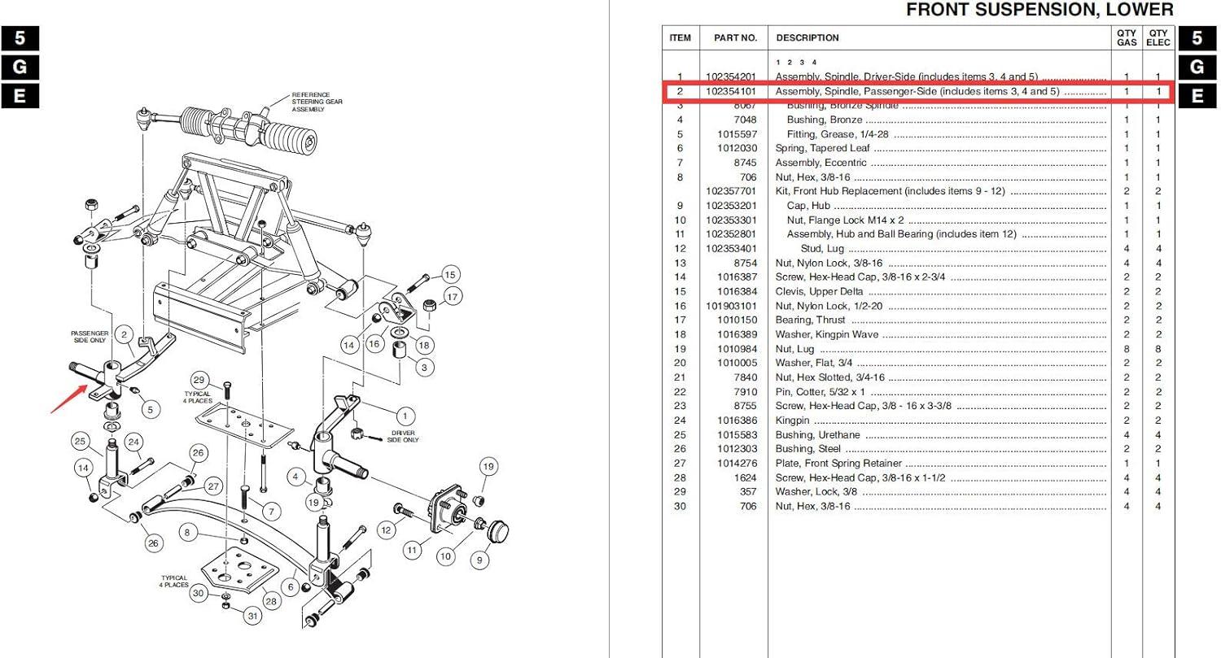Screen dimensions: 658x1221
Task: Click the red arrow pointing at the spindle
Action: click(x=68, y=401)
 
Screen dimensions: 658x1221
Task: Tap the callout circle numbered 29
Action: click(x=198, y=380)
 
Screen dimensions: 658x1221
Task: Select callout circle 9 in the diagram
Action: click(x=479, y=560)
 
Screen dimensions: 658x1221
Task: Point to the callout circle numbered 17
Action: click(x=453, y=296)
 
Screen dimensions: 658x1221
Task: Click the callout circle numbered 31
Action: click(x=253, y=616)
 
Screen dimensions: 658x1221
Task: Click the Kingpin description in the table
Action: click(x=792, y=421)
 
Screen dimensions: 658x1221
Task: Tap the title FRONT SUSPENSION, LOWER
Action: click(x=1039, y=11)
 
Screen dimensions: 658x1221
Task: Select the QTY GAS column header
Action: click(x=1127, y=37)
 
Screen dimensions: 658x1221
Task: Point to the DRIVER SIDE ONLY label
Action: click(x=404, y=436)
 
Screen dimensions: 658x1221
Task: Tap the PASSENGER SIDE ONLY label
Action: click(x=90, y=338)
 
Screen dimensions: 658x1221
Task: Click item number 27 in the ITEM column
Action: click(x=680, y=464)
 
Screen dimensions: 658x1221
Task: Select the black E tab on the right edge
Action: click(x=1197, y=96)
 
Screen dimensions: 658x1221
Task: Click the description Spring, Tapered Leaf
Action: click(x=822, y=148)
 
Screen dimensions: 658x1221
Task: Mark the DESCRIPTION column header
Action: click(x=807, y=37)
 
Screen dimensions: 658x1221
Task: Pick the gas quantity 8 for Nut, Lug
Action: click(x=1127, y=349)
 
